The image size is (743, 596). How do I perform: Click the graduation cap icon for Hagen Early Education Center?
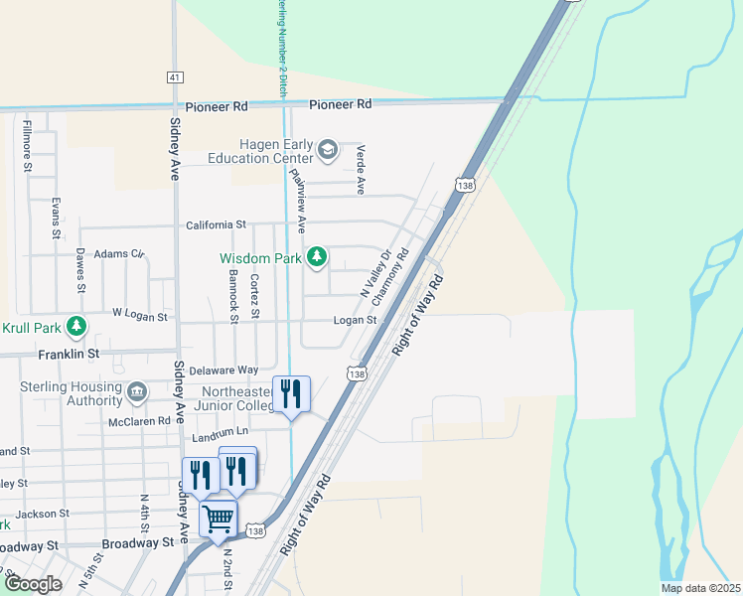coord(327,151)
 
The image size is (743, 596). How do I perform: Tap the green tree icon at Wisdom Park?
coord(317,258)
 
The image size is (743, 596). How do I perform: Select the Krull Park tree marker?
coord(75,327)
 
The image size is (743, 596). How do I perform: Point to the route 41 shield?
coord(175,77)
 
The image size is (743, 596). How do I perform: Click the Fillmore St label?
coord(28,145)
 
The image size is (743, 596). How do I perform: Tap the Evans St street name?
coord(56,218)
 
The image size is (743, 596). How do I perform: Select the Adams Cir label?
coord(119,254)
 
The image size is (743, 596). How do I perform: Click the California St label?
coord(216,225)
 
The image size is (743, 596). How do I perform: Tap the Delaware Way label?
coord(223,370)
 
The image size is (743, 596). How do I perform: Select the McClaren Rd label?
coord(141,422)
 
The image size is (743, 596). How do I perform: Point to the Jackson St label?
coord(42,514)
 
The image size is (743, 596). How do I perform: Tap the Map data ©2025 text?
coord(699,588)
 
